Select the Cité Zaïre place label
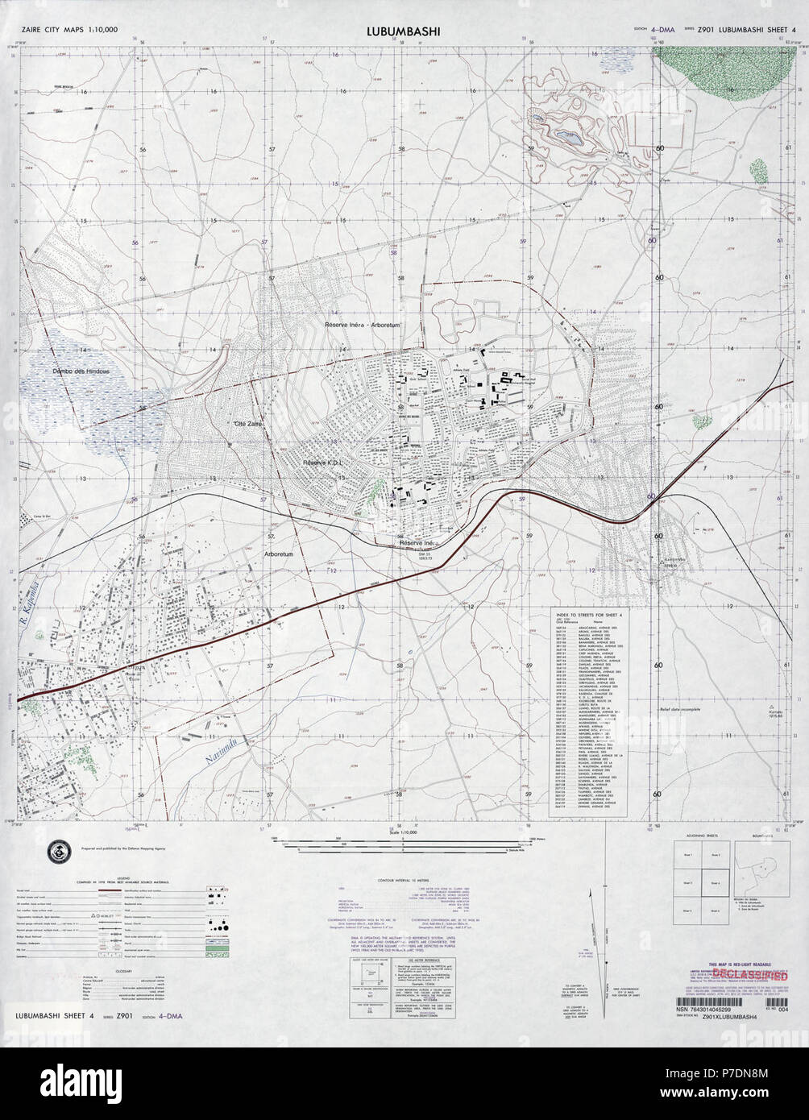(x=249, y=422)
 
